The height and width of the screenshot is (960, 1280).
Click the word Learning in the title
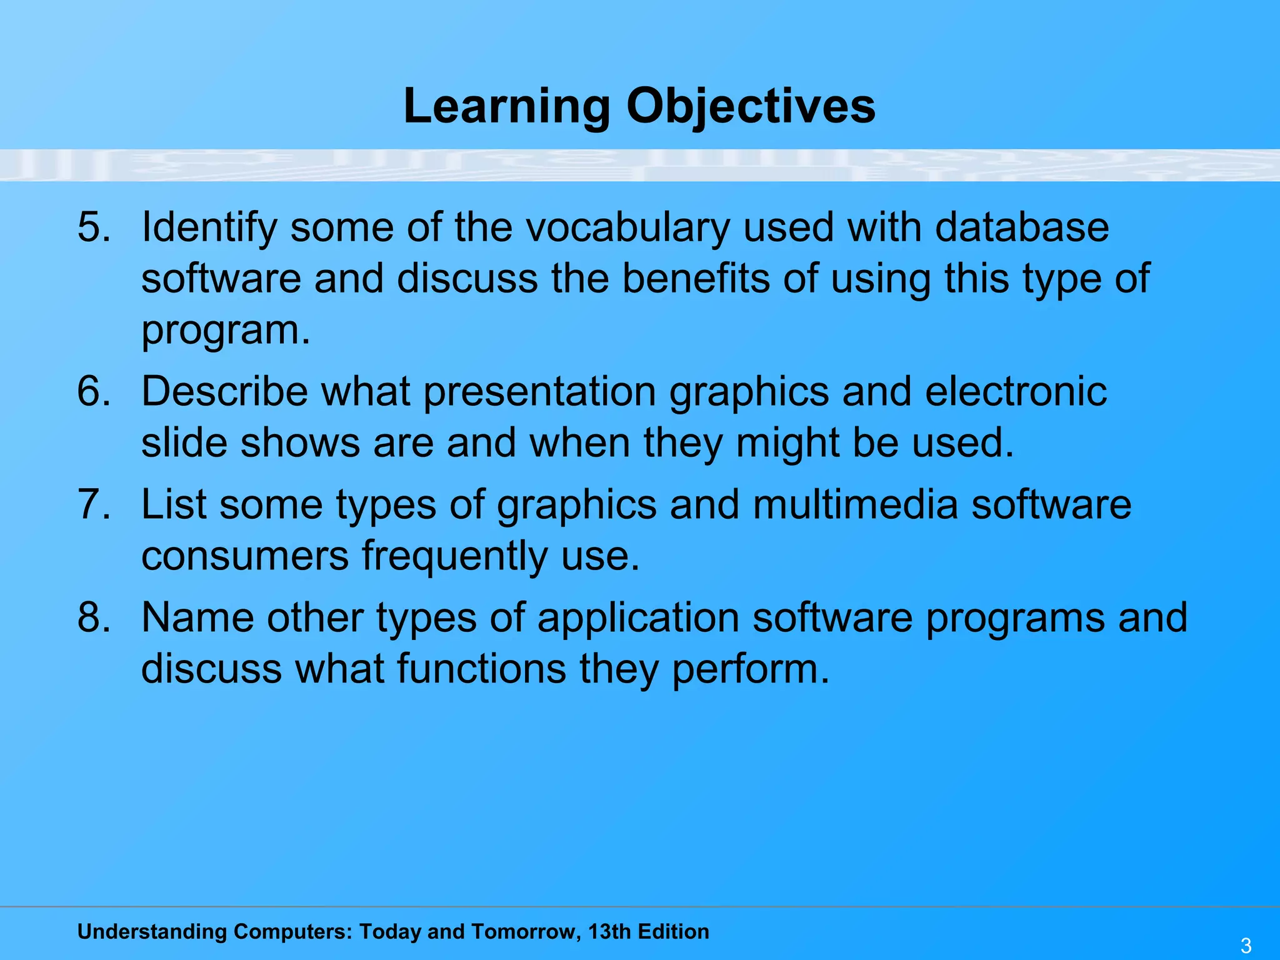coord(506,106)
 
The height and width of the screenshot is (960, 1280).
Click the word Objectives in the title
coord(751,106)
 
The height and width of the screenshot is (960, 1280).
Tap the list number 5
coord(93,226)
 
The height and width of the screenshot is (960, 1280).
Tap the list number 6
coord(93,391)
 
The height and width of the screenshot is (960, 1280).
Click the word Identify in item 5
coord(209,227)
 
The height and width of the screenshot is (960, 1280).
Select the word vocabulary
coord(627,227)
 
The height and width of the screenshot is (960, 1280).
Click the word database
coord(1022,226)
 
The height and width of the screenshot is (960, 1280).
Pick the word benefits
coord(696,278)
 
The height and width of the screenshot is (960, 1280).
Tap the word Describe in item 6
coord(224,392)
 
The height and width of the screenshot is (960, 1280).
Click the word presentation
coord(539,392)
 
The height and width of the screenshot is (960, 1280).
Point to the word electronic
coord(1016,392)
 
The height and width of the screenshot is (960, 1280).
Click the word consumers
coord(245,556)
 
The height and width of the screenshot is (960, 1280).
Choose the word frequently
coord(455,556)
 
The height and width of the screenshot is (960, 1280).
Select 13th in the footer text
coord(609,931)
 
